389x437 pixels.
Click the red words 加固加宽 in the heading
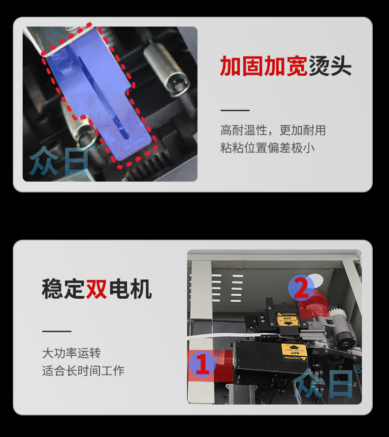(263, 66)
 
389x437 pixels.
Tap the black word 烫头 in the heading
(330, 66)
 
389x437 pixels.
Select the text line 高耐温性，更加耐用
(273, 130)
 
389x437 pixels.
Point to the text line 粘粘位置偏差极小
(267, 148)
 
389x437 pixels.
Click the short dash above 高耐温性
(235, 111)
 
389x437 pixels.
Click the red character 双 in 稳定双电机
(97, 289)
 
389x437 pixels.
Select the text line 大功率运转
(71, 353)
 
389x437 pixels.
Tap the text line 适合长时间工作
(83, 371)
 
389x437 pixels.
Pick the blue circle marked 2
(301, 288)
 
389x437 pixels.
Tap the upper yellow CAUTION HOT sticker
(287, 317)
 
